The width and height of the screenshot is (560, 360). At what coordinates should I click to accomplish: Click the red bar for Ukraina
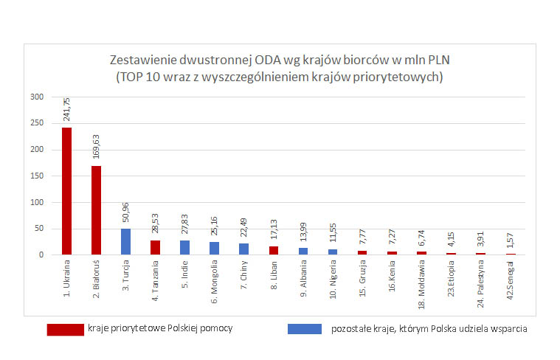[66, 191]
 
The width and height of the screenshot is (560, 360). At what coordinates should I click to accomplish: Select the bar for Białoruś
[96, 210]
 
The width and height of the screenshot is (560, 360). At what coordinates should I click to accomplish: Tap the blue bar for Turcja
[125, 241]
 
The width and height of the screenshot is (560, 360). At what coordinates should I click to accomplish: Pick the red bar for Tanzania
[155, 247]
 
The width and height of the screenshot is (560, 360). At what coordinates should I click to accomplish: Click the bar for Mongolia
[214, 248]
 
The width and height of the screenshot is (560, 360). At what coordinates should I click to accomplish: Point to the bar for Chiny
[243, 249]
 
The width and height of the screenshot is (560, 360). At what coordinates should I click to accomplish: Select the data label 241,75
[67, 111]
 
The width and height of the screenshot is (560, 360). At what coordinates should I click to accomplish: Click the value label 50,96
[126, 213]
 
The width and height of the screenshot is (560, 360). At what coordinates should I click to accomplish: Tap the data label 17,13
[274, 232]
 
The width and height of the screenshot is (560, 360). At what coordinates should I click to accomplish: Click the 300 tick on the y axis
[37, 97]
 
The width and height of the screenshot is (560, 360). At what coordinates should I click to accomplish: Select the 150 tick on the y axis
[37, 176]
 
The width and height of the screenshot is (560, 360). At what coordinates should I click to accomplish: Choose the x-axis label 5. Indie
[184, 279]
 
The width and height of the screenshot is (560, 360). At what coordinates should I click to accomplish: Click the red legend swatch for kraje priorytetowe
[65, 329]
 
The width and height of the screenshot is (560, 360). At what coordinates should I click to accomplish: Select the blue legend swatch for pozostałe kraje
[305, 329]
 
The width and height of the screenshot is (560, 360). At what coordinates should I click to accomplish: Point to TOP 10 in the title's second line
[141, 75]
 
